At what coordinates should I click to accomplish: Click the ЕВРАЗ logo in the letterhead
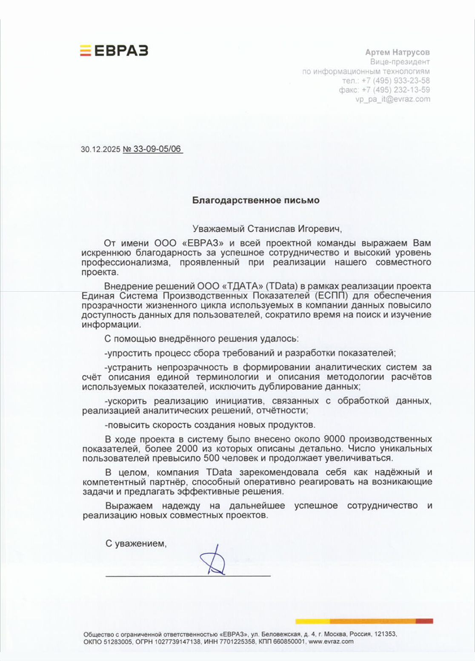(x=114, y=51)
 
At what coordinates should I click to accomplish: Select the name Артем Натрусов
(x=397, y=52)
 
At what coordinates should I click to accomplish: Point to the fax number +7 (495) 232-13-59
(x=395, y=90)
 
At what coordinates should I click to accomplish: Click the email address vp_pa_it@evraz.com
(x=393, y=99)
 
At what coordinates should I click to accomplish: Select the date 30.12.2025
(x=100, y=149)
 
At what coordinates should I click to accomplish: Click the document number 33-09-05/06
(x=157, y=149)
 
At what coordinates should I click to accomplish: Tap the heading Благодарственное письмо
(x=255, y=200)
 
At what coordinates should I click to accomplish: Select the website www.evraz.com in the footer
(x=331, y=641)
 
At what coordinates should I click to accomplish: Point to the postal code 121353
(x=385, y=634)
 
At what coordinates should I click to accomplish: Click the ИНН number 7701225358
(x=240, y=641)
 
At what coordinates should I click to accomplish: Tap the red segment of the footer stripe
(x=424, y=621)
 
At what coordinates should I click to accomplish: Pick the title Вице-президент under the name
(x=400, y=62)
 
